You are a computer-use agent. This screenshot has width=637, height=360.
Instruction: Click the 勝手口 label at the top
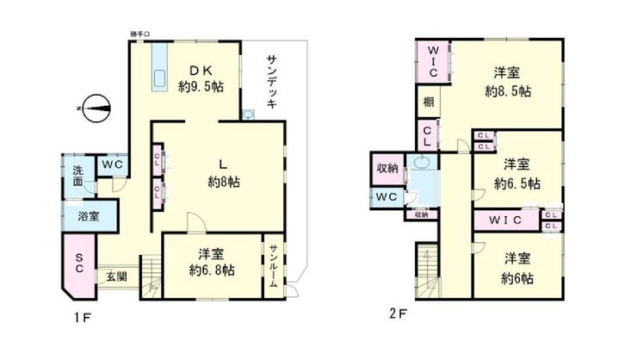(x=139, y=34)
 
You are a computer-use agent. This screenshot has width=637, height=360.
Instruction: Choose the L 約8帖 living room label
(x=223, y=173)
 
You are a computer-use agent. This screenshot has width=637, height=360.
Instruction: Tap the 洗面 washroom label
(x=77, y=176)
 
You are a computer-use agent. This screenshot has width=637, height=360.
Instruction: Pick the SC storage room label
(x=77, y=263)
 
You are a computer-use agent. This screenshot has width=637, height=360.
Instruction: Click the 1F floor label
(x=82, y=316)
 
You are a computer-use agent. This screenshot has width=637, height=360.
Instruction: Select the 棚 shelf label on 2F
(x=428, y=102)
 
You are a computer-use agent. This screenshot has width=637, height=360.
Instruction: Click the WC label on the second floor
(x=387, y=198)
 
